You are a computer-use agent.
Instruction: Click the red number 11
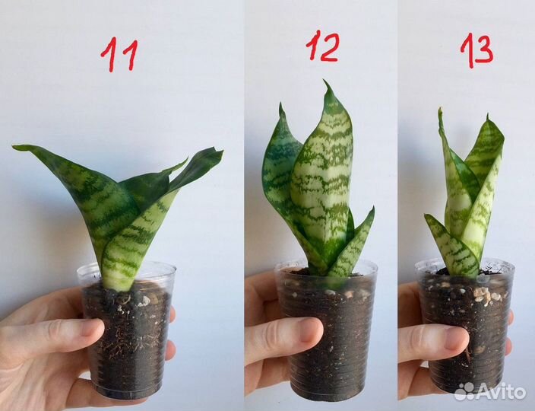coord(119,56)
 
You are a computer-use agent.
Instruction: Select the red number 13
coord(476,50)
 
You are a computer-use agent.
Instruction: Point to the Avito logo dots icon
coord(465,391)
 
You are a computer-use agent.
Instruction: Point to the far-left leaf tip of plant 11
coord(14,147)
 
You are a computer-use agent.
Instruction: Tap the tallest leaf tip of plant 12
coord(325,81)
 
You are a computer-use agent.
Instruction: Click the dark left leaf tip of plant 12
coord(280,104)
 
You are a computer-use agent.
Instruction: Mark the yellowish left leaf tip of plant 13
coord(440,110)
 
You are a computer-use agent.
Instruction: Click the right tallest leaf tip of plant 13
coord(488,116)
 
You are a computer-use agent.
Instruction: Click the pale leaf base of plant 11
coord(116,280)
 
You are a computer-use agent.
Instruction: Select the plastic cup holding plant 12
coord(327,330)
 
